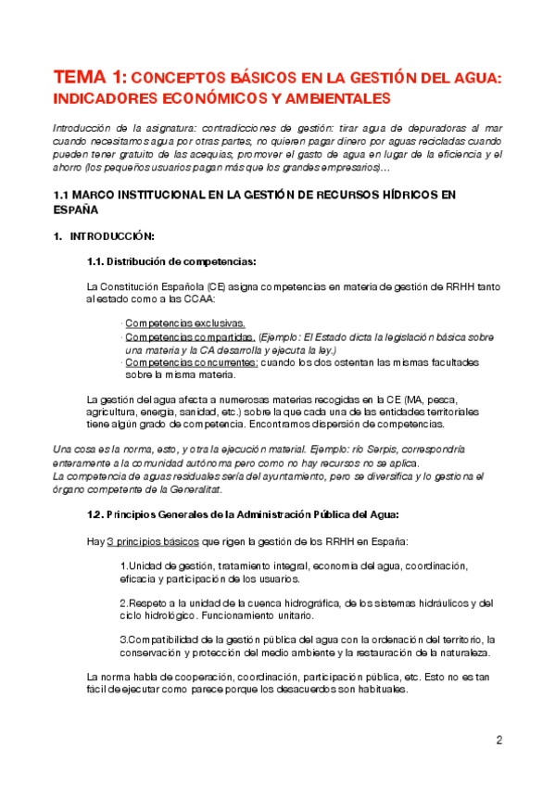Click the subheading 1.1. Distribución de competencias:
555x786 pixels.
[x=171, y=261]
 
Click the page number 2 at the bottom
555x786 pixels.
[x=499, y=740]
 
